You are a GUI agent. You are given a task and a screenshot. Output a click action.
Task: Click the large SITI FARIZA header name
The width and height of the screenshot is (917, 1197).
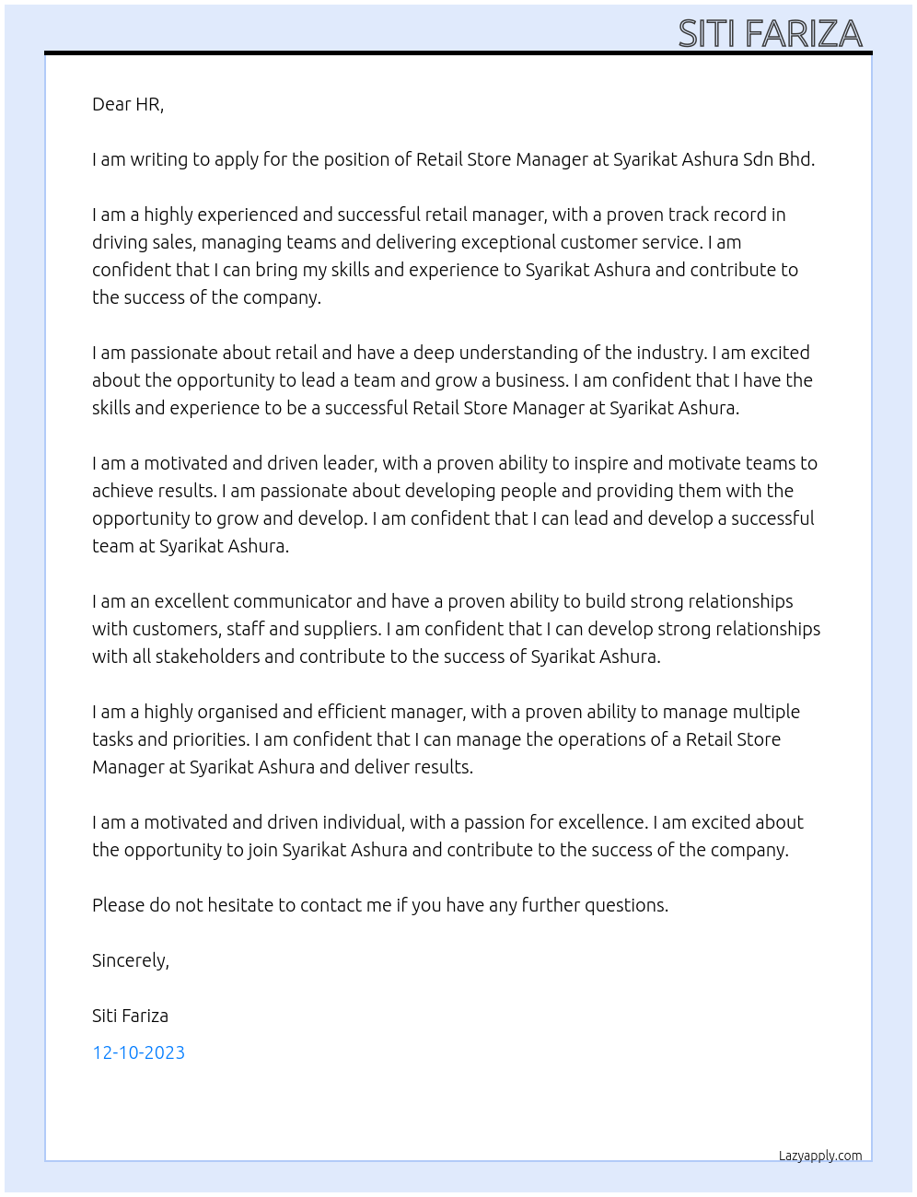click(770, 33)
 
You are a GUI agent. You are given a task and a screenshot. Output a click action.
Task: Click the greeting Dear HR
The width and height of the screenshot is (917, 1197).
click(128, 104)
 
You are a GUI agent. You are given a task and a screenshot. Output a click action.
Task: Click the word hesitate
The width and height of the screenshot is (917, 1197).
click(238, 905)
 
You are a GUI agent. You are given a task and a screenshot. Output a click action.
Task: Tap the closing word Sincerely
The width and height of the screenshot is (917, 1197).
click(130, 960)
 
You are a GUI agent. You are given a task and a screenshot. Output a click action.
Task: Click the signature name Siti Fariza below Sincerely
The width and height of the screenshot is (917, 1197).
click(130, 1016)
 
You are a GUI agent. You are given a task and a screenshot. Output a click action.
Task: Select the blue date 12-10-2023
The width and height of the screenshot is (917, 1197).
click(138, 1052)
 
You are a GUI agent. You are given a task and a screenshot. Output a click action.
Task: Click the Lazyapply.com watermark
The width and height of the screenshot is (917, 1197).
click(820, 1156)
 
